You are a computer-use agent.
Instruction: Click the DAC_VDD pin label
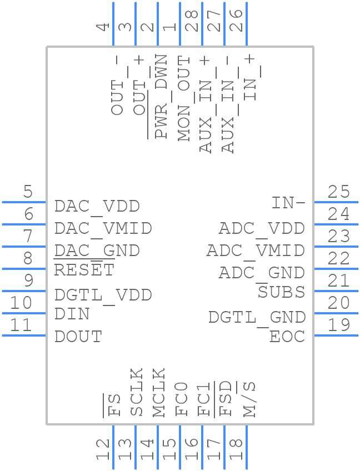point(97,207)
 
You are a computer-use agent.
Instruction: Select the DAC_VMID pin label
point(103,228)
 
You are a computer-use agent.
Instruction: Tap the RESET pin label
point(84,270)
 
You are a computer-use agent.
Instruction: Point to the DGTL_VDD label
point(103,295)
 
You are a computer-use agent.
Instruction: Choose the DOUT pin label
point(78,337)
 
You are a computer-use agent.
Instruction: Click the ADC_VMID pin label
point(256,250)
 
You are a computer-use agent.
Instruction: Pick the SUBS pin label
point(281,292)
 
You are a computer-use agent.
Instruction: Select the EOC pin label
point(287,337)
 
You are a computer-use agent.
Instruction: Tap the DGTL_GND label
point(257,317)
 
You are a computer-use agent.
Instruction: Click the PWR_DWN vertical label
point(161,96)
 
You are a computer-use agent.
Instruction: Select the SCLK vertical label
point(137,392)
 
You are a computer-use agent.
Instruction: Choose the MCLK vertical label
point(159,392)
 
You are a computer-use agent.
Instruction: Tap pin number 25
point(338,192)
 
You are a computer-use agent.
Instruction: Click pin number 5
point(28,192)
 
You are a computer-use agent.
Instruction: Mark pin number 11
point(22,325)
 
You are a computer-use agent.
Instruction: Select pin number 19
point(338,325)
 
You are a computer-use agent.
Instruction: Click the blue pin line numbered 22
point(336,269)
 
